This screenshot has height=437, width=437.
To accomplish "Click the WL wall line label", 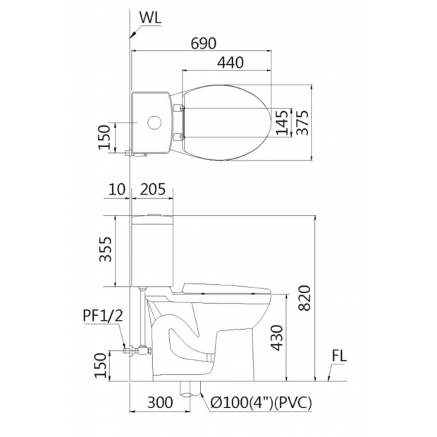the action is point(150,18).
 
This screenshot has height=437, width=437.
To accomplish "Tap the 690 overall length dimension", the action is point(204,44).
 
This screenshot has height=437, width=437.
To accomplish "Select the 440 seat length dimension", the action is point(230,63).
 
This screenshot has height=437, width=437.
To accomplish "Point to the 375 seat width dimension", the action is point(302,123).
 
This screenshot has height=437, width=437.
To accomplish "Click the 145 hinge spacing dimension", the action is point(282,123).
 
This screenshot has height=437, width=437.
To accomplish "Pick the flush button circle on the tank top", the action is point(154,123).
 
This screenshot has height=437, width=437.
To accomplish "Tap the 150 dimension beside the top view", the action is point(105,137).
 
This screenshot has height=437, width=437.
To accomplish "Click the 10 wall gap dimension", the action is point(117,190).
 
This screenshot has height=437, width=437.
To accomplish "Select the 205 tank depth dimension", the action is point(152,190).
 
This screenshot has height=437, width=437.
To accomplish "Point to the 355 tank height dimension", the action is point(106,250).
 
